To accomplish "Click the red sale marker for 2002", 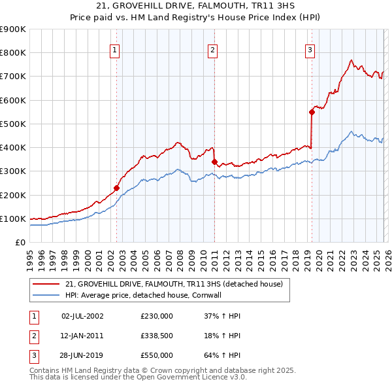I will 116,188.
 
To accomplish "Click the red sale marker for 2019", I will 312,112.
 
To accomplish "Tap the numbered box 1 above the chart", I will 115,49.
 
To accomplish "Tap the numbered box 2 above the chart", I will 213,49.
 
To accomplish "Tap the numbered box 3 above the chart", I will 310,49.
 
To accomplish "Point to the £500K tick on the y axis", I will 13,124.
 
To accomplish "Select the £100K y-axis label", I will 13,219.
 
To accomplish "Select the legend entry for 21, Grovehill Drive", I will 174,284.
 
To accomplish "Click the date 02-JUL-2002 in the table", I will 82,316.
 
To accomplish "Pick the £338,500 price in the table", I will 156,336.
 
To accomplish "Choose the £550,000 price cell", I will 156,355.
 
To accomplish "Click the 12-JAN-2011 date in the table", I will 82,336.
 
